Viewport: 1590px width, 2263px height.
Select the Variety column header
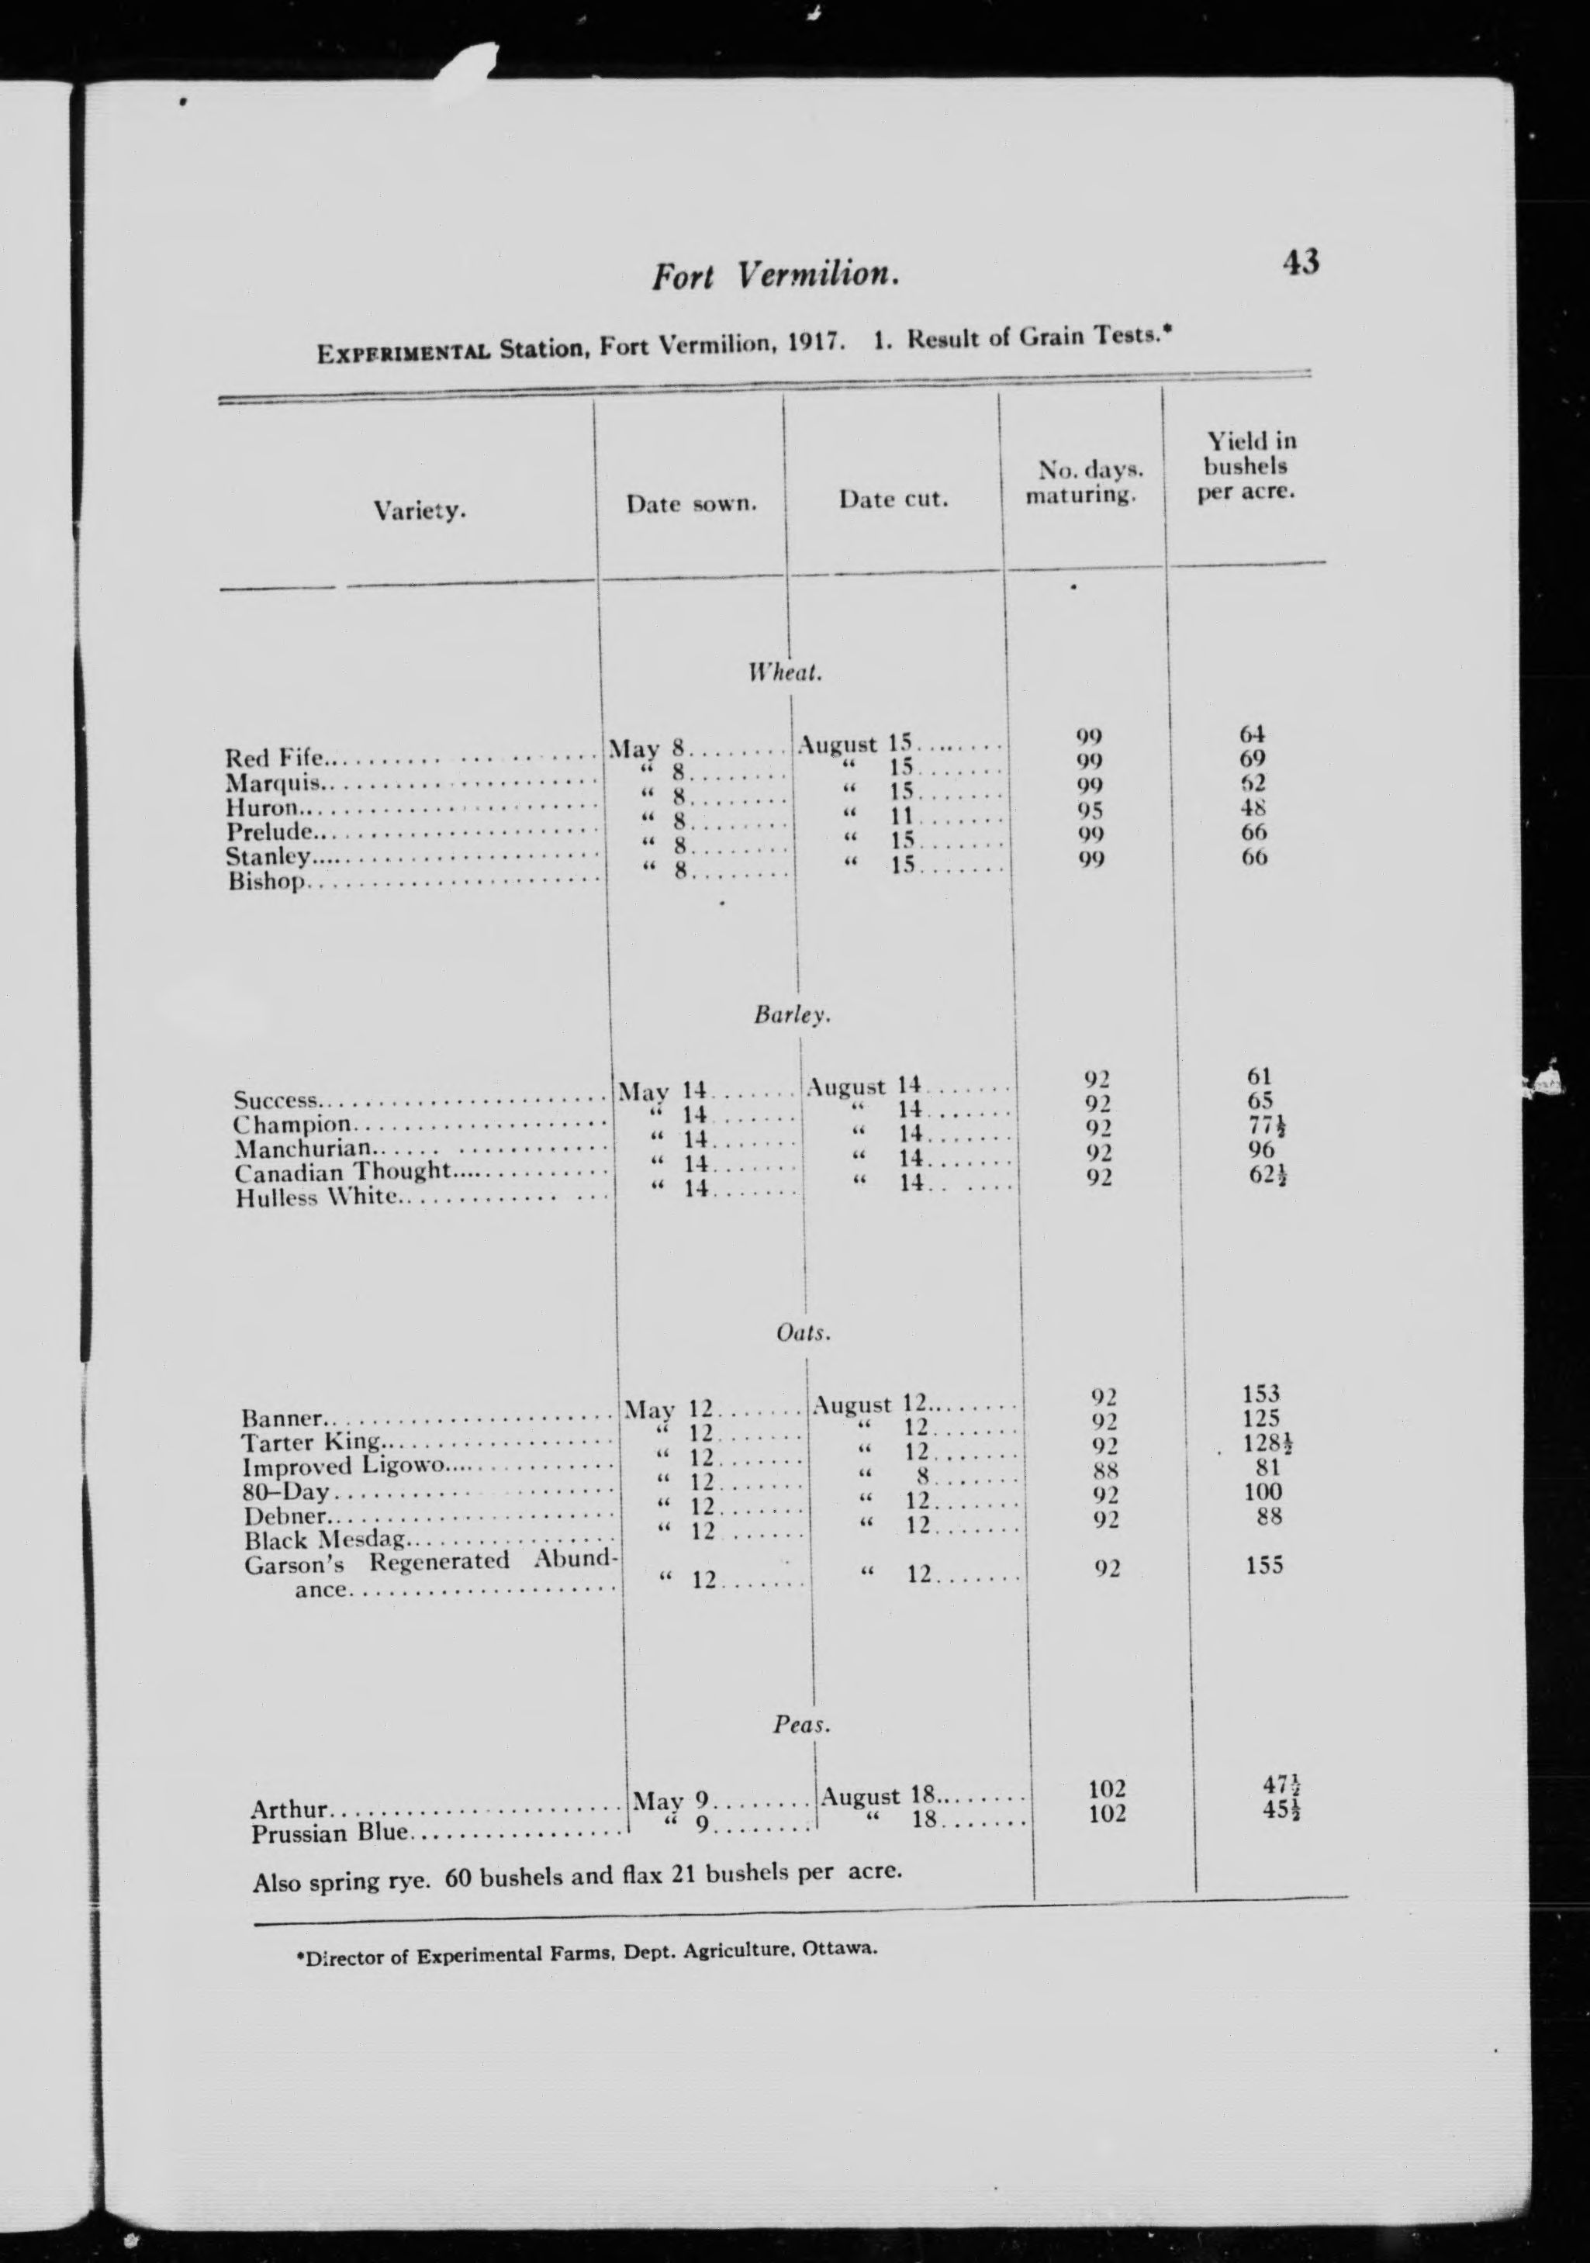click(x=419, y=510)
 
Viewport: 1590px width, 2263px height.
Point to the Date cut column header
click(x=893, y=499)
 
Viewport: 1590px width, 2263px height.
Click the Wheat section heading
click(x=785, y=673)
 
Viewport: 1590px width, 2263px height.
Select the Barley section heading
click(x=792, y=1014)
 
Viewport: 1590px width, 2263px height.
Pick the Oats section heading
click(x=804, y=1334)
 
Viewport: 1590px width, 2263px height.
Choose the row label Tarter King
click(x=309, y=1443)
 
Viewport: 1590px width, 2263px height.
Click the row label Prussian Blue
click(x=328, y=1834)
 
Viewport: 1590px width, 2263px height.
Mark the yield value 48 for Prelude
click(x=1254, y=808)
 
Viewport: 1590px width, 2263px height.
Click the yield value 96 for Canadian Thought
click(x=1261, y=1149)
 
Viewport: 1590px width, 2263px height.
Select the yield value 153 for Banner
click(x=1261, y=1394)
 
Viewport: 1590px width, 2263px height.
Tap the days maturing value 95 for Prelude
click(x=1089, y=810)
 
